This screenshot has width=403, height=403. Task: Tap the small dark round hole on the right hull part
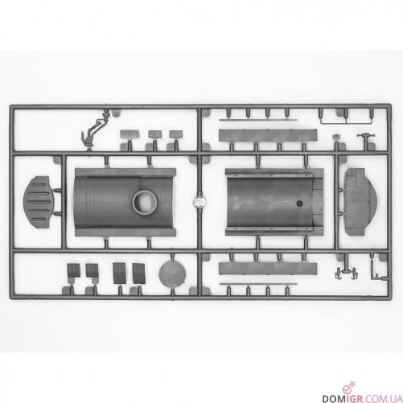(x=299, y=204)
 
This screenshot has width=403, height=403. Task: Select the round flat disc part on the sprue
(x=172, y=273)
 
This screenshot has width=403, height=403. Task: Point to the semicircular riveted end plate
(x=360, y=202)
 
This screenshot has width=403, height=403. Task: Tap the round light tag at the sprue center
(x=199, y=202)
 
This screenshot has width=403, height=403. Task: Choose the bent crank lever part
(x=93, y=130)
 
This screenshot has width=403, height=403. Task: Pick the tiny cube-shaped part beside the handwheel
(x=335, y=137)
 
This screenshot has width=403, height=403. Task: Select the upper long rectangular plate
(x=268, y=136)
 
